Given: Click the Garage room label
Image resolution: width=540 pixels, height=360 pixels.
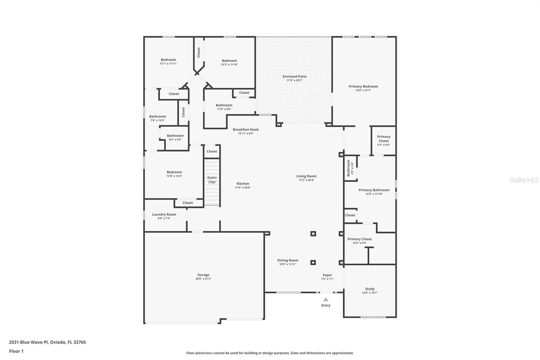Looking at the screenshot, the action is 203,275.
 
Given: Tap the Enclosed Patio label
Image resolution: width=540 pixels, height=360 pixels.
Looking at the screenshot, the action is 295,76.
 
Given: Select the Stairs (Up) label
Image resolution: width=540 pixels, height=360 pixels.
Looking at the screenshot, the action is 212,180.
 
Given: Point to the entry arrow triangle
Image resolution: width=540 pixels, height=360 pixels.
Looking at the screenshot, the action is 326,300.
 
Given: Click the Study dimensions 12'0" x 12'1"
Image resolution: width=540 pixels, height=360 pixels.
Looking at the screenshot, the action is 370,293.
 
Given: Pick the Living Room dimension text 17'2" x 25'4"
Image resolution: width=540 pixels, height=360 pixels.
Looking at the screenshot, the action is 306,180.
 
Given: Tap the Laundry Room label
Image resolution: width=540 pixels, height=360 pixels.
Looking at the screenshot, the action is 164,214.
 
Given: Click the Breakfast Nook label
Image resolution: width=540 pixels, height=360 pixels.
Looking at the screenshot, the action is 246,130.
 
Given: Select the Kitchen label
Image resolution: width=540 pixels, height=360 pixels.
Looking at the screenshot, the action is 243,184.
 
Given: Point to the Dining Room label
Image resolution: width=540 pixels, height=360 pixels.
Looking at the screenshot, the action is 288,260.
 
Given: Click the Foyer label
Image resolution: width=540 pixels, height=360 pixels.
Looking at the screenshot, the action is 327,275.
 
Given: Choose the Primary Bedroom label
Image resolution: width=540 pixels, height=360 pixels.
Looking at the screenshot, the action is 363,86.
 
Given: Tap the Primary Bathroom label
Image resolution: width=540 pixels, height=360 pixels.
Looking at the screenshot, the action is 374,190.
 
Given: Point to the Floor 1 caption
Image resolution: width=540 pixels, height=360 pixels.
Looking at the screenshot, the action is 16,351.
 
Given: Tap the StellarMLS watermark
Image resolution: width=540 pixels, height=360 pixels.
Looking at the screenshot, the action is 524,180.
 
